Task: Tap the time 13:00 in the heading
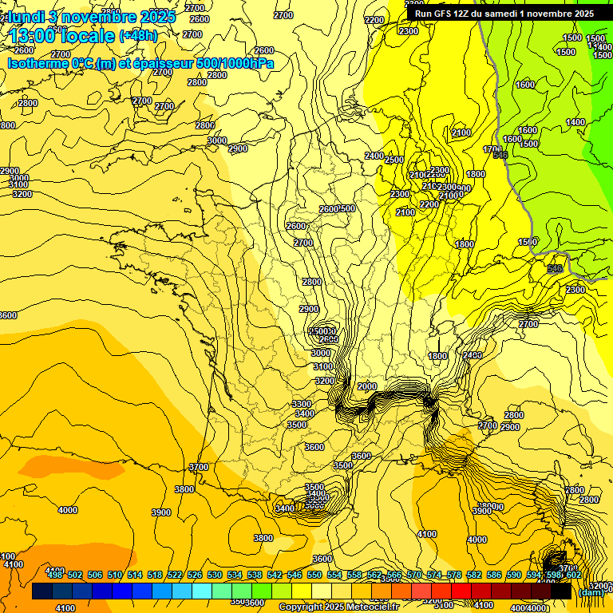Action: tap(32, 36)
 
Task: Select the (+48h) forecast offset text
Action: tap(138, 36)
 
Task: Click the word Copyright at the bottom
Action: tap(301, 607)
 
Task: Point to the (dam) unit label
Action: tap(590, 592)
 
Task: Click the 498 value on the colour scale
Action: tap(55, 575)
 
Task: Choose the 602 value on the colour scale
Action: tap(574, 575)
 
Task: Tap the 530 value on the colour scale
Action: tap(215, 575)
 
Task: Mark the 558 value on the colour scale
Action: tap(354, 575)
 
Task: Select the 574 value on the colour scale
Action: tap(434, 575)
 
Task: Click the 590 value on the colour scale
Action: tap(514, 575)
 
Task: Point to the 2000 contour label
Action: tap(366, 386)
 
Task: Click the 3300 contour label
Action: tap(302, 404)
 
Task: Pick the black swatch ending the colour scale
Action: tap(560, 591)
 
